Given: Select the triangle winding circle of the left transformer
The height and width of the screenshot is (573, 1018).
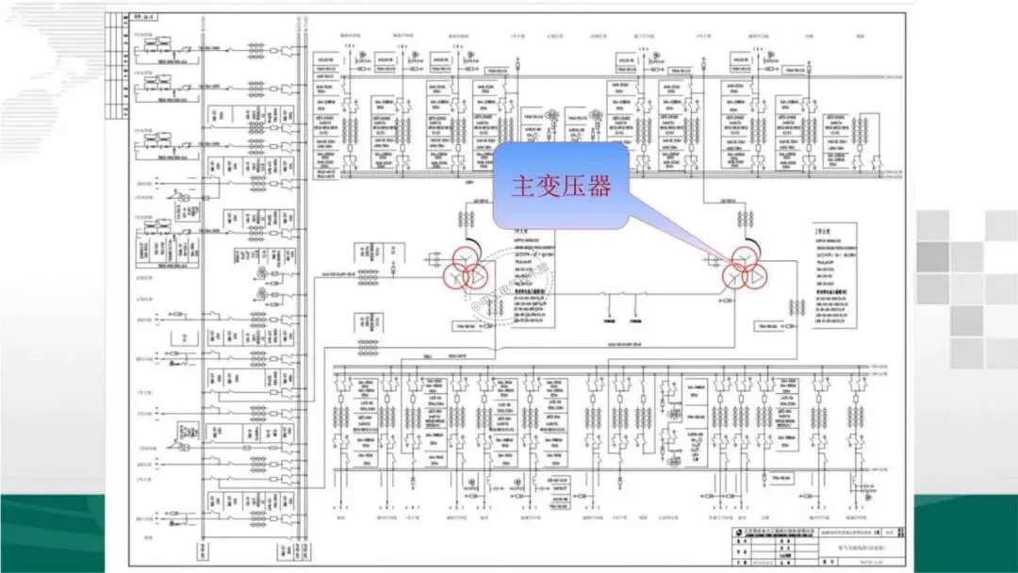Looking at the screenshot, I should coord(477,275).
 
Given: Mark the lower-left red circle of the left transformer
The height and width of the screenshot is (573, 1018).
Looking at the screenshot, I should coord(454,276).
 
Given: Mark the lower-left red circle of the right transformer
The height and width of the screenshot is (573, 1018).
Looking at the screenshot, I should coord(734,277).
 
